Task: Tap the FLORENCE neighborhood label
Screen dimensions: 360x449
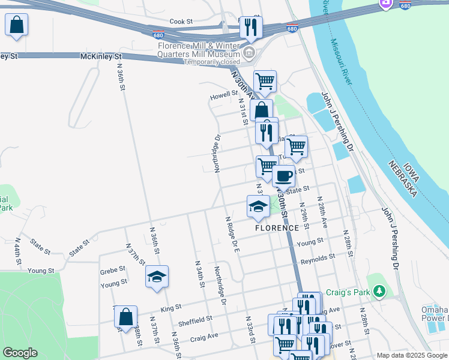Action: [277, 228]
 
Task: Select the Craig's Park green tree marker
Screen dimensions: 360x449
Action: [378, 292]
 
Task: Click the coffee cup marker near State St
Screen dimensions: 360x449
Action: [283, 176]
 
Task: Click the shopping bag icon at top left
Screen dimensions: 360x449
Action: [16, 26]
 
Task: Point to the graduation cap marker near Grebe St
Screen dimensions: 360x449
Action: [157, 277]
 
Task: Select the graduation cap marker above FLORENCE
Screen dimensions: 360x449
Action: [258, 206]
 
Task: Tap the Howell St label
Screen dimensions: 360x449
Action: [223, 95]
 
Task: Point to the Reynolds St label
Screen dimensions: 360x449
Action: [318, 259]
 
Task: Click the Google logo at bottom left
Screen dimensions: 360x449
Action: [20, 353]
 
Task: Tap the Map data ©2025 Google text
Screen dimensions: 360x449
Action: [411, 355]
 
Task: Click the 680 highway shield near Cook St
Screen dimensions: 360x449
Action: [158, 35]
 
